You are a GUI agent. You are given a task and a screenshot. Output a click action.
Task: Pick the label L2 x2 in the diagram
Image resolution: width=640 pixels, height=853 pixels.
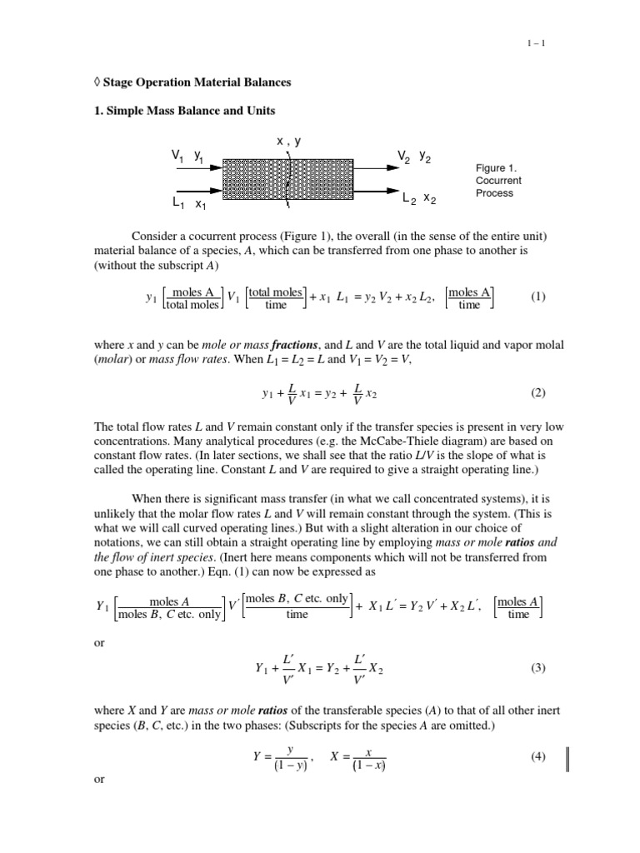tap(417, 199)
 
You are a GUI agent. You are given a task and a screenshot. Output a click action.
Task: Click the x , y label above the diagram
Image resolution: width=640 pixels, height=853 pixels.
tap(288, 142)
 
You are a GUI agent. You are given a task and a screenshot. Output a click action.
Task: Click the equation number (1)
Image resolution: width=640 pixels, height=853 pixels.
tap(538, 297)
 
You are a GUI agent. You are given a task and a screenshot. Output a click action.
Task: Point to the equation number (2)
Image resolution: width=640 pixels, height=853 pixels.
tap(538, 391)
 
